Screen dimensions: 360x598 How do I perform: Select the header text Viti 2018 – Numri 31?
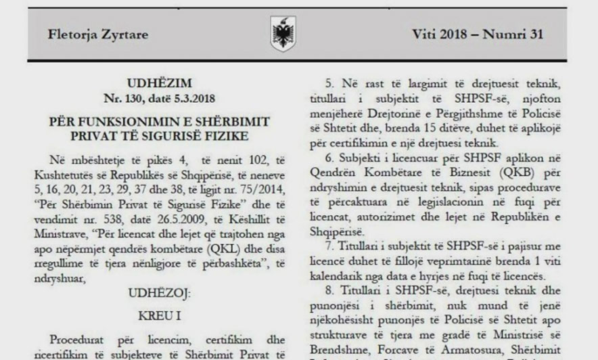478,35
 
